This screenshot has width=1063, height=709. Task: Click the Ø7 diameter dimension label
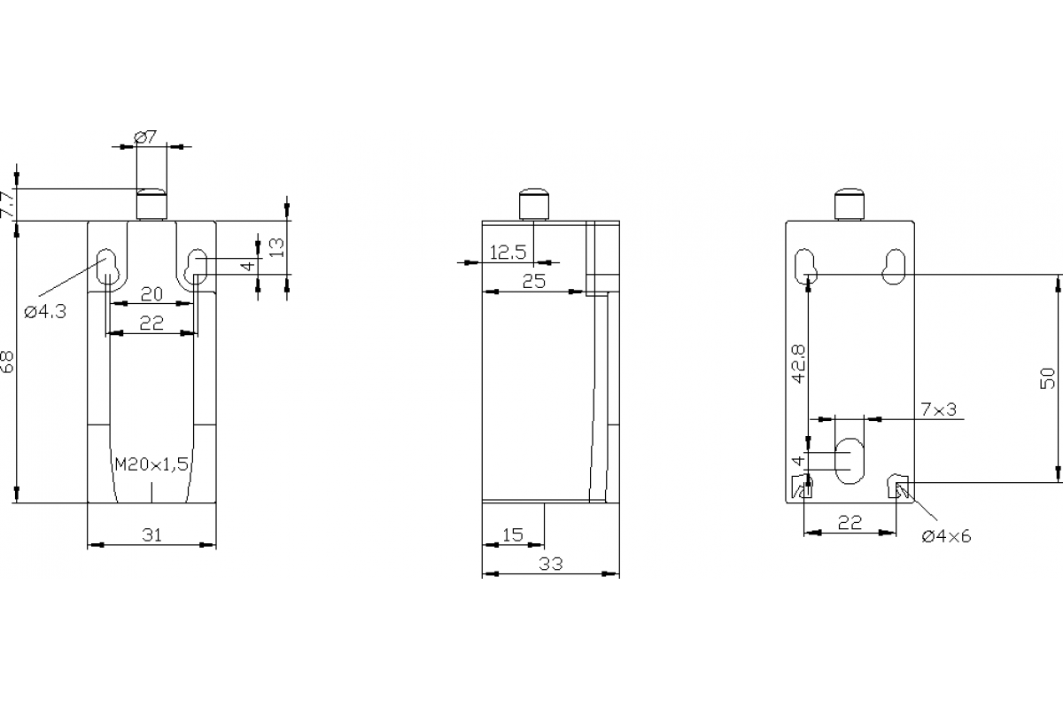pyautogui.click(x=145, y=136)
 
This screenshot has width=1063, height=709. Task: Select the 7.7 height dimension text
pyautogui.click(x=7, y=205)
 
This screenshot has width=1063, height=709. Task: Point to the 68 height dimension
pyautogui.click(x=7, y=361)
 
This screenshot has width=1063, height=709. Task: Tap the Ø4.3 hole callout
pyautogui.click(x=45, y=311)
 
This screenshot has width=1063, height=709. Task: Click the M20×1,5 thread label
pyautogui.click(x=152, y=464)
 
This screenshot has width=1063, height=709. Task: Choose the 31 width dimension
pyautogui.click(x=152, y=534)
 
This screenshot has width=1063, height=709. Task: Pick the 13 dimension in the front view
pyautogui.click(x=277, y=247)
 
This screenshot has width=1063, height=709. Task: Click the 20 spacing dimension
pyautogui.click(x=151, y=294)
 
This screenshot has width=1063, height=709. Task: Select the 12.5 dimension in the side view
pyautogui.click(x=508, y=253)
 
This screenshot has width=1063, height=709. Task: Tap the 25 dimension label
pyautogui.click(x=533, y=282)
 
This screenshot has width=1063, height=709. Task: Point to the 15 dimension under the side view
pyautogui.click(x=512, y=534)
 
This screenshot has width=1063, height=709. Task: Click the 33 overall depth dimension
pyautogui.click(x=549, y=564)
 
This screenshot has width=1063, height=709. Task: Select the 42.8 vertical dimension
pyautogui.click(x=799, y=363)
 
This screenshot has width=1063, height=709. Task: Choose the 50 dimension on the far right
pyautogui.click(x=1049, y=378)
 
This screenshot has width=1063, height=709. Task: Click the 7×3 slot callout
pyautogui.click(x=939, y=409)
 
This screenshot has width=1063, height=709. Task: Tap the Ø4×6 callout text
pyautogui.click(x=946, y=536)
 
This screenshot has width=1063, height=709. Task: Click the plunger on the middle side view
pyautogui.click(x=534, y=205)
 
